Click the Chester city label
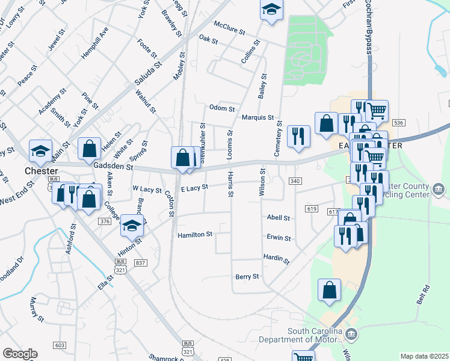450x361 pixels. (x=41, y=171)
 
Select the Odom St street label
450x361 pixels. (x=221, y=108)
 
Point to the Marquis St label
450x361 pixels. (x=258, y=118)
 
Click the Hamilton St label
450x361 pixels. (x=196, y=234)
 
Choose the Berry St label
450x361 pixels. (x=247, y=277)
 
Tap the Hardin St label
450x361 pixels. (x=276, y=258)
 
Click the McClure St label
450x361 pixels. (x=230, y=31)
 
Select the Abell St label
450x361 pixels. (x=279, y=218)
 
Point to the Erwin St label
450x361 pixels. (x=279, y=238)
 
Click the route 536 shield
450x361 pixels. (x=398, y=123)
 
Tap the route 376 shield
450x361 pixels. (x=105, y=221)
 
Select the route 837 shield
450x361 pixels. (x=141, y=263)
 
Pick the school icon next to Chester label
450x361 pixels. (x=41, y=150)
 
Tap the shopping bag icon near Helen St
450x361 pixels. (x=89, y=147)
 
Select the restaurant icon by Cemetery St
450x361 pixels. (x=298, y=136)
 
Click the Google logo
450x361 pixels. (x=19, y=354)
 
